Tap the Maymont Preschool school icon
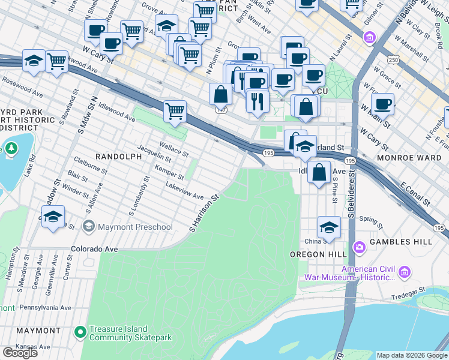(89, 227)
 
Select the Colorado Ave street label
(92, 248)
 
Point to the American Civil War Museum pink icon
(404, 272)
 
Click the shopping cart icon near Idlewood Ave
(175, 111)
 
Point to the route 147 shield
(220, 110)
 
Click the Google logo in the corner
(20, 353)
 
